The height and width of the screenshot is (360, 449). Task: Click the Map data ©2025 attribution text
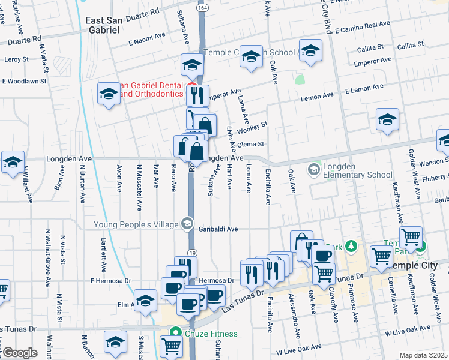tap(424, 355)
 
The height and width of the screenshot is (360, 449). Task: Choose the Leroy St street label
tap(17, 59)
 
